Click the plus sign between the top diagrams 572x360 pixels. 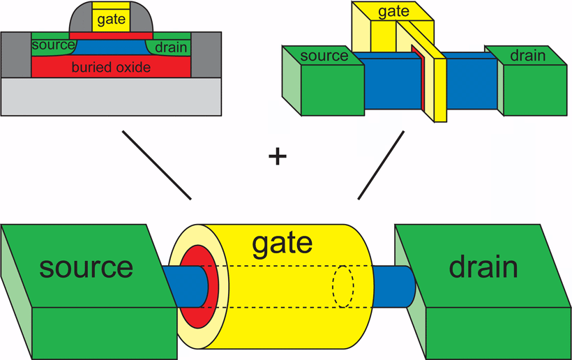[278, 156]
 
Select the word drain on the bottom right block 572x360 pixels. [483, 267]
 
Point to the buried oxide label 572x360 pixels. [112, 68]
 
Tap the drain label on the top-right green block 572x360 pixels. [527, 56]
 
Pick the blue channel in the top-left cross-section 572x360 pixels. [112, 46]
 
